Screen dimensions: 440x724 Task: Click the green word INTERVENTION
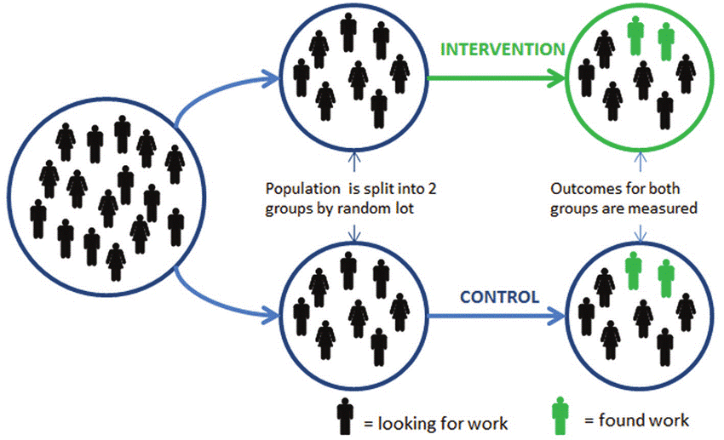(502, 49)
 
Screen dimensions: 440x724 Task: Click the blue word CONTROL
(499, 297)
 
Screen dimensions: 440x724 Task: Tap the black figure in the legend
(344, 415)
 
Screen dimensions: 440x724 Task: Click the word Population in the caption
(298, 188)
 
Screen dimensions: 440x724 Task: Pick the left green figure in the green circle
(635, 37)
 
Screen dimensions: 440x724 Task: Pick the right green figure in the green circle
(665, 40)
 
